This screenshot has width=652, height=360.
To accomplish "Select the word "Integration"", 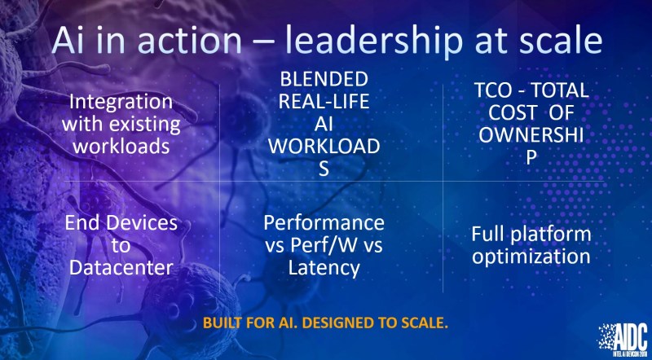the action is point(121,103).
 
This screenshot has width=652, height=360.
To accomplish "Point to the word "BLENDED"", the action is point(324,79).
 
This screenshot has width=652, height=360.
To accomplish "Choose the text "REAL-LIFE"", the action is point(324,102).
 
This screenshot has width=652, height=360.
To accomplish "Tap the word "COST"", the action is point(513,113).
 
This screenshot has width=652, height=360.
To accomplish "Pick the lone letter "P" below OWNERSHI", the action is point(531,158).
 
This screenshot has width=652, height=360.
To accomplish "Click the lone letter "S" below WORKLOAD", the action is point(324,169).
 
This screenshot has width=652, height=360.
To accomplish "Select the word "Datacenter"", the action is point(121,268).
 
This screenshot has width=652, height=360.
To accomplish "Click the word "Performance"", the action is point(324,223).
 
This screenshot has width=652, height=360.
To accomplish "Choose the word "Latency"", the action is point(324,269).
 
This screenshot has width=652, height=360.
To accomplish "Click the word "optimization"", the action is point(531,257).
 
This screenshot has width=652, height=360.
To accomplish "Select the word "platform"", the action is point(551,235).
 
